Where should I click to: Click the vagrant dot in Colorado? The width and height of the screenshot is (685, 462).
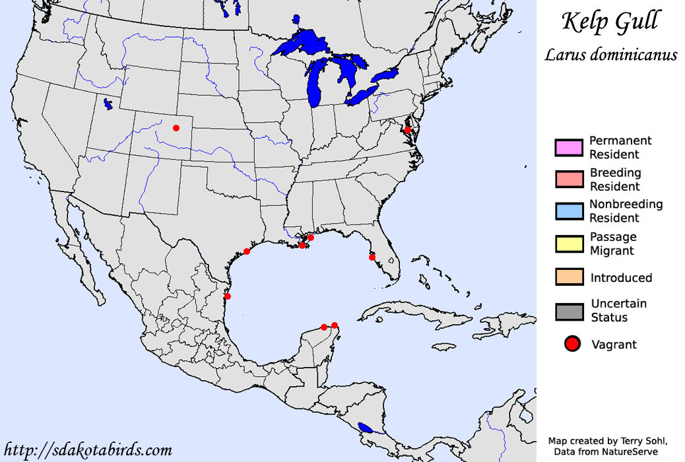pyautogui.click(x=176, y=128)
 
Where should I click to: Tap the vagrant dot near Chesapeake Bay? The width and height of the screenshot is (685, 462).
pyautogui.click(x=408, y=131)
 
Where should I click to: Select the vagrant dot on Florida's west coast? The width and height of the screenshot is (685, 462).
pyautogui.click(x=372, y=257)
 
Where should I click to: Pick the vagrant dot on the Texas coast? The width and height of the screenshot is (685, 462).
pyautogui.click(x=247, y=251)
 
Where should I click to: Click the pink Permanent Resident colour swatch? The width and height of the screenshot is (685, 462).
pyautogui.click(x=569, y=148)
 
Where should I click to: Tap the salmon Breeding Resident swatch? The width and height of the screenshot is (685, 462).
pyautogui.click(x=569, y=180)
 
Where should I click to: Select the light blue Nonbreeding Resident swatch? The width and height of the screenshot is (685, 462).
pyautogui.click(x=569, y=211)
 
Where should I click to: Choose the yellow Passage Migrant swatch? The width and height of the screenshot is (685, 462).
pyautogui.click(x=569, y=244)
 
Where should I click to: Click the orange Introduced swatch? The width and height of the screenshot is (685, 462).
pyautogui.click(x=569, y=278)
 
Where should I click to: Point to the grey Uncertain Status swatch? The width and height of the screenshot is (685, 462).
pyautogui.click(x=569, y=311)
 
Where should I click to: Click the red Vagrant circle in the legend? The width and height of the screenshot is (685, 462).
pyautogui.click(x=573, y=344)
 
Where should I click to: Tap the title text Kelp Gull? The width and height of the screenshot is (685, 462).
pyautogui.click(x=610, y=22)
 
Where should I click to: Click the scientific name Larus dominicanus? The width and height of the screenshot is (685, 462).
pyautogui.click(x=610, y=54)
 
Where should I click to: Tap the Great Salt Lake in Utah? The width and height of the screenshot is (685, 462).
pyautogui.click(x=107, y=104)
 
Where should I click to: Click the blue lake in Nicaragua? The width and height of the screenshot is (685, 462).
pyautogui.click(x=365, y=428)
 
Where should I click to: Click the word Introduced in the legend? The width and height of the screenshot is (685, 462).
pyautogui.click(x=621, y=278)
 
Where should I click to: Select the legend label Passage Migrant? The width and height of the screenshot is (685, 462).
pyautogui.click(x=613, y=244)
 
